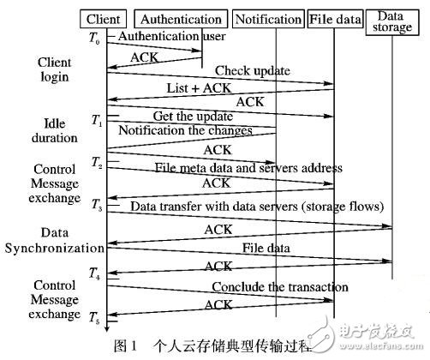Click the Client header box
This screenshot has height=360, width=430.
point(107,19)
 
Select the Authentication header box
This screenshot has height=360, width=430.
point(181,19)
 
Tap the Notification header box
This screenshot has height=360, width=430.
point(266,19)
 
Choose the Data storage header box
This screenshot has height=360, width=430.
point(391,21)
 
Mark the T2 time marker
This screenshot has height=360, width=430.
point(96,163)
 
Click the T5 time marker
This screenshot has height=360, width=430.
point(96,319)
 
